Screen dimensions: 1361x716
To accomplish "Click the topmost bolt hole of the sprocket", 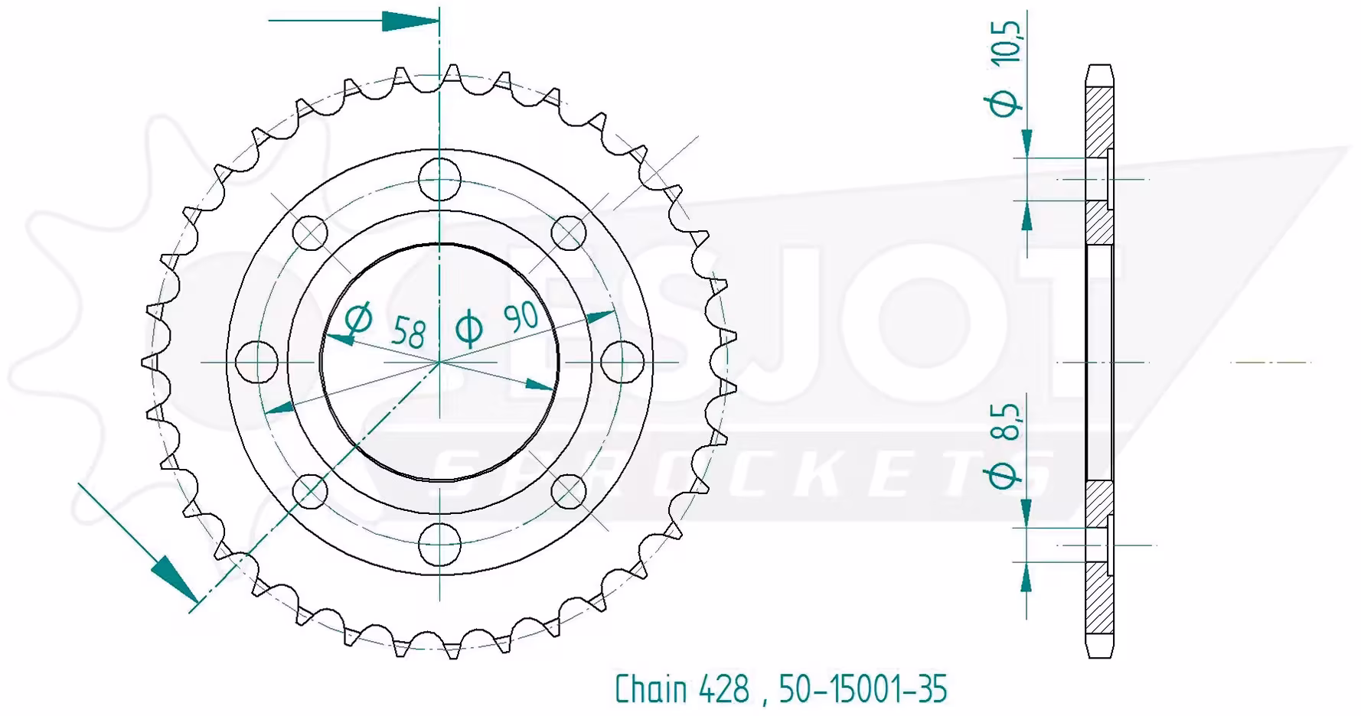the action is pyautogui.click(x=440, y=180).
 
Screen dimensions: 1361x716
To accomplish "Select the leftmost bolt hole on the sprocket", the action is pyautogui.click(x=257, y=360).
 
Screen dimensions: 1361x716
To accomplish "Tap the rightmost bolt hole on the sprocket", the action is pyautogui.click(x=622, y=360).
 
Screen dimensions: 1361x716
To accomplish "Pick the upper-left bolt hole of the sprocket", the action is pyautogui.click(x=311, y=233).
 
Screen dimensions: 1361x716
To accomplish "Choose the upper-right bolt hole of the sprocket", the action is pyautogui.click(x=569, y=233).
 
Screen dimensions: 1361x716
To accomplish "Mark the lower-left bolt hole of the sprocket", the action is pyautogui.click(x=311, y=490).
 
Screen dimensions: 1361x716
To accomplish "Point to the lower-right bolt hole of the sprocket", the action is pyautogui.click(x=569, y=490).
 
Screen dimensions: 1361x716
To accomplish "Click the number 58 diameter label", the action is pyautogui.click(x=408, y=332).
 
